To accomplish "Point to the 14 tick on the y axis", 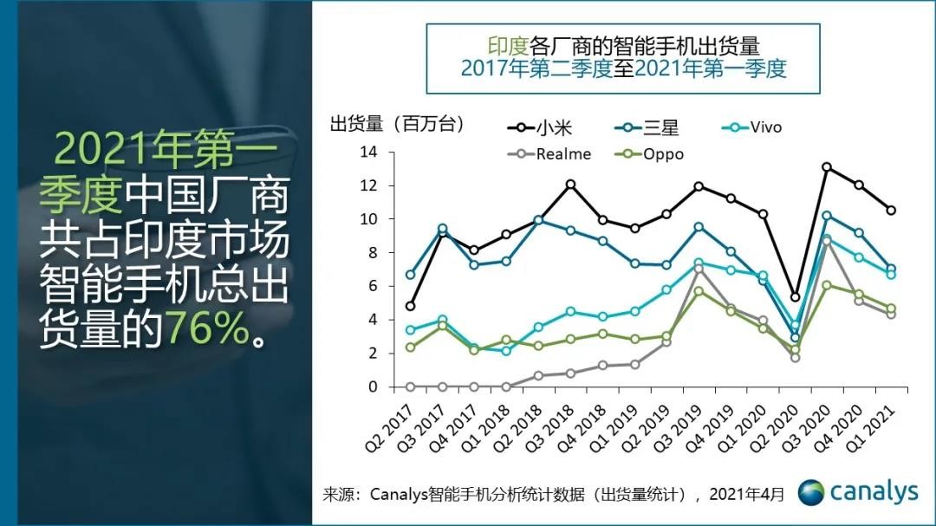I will [370, 153].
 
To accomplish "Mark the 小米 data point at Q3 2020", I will [827, 167].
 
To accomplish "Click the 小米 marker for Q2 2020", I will [795, 297].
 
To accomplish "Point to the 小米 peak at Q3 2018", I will [570, 184].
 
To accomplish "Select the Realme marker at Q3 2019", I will [699, 269].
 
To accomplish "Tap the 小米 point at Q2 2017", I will [410, 306].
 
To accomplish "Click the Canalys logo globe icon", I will [811, 492].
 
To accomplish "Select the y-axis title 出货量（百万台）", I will [397, 124].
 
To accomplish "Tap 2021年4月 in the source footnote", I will [746, 494].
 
